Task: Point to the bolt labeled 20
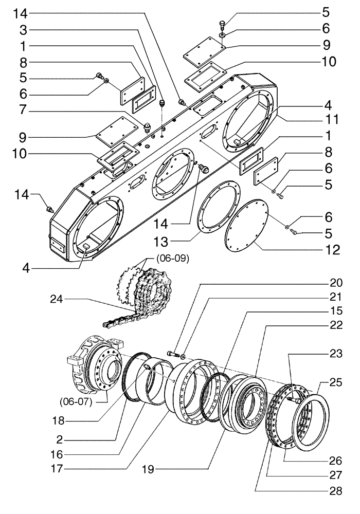click(173, 354)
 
